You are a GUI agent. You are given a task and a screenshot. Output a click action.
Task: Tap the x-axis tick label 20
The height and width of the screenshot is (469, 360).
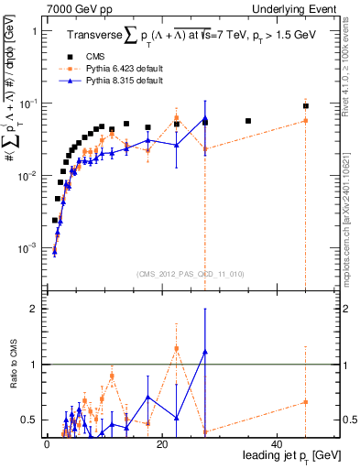tap(161, 444)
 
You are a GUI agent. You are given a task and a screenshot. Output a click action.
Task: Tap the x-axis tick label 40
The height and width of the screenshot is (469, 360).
tap(276, 444)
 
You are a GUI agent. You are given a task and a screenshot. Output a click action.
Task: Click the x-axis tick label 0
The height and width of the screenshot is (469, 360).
tap(46, 444)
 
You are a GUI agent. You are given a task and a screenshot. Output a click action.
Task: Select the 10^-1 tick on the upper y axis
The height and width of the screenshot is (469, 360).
tap(31, 103)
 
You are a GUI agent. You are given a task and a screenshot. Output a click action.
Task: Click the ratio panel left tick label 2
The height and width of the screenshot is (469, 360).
tap(35, 310)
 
